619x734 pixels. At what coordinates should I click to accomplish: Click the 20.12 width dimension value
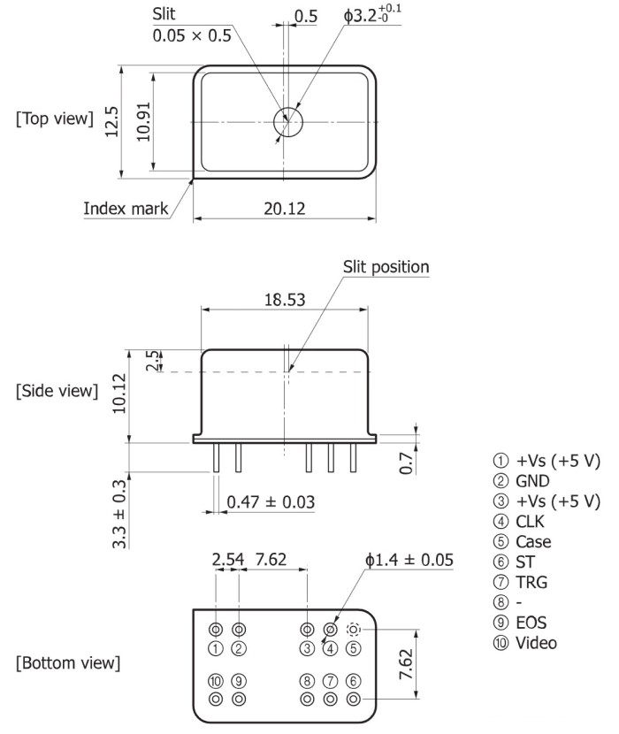pos(285,208)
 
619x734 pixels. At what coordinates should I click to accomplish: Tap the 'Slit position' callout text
pos(386,267)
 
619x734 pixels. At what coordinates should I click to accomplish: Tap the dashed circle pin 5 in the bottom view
pos(354,630)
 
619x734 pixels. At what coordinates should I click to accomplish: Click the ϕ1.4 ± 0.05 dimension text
pos(409,561)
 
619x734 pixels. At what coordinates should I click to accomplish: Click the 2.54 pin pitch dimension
pos(227,561)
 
